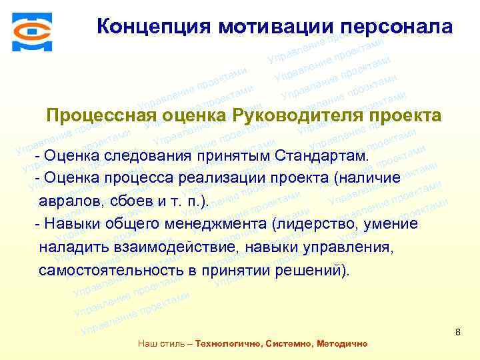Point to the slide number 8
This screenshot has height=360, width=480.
coord(458,331)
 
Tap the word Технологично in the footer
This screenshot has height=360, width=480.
coord(226,344)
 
